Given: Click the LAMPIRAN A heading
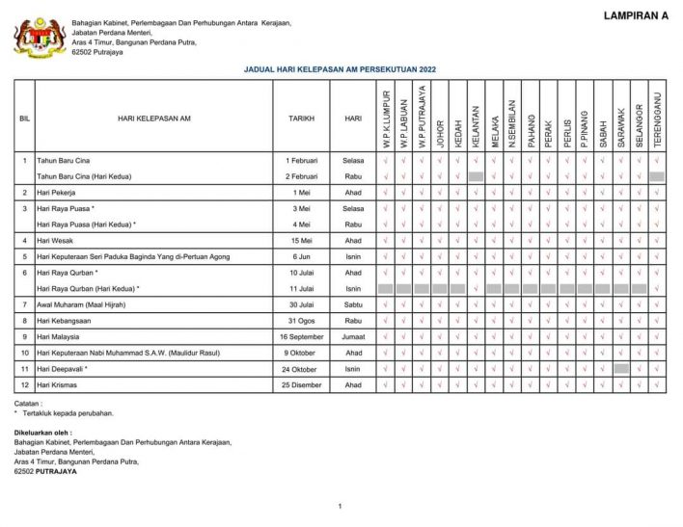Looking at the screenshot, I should [x=636, y=15].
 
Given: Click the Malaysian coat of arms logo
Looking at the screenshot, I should [x=40, y=38].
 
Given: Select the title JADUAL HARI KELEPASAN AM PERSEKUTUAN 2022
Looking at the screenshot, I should [x=341, y=70].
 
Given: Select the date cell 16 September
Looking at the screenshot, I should [x=301, y=337].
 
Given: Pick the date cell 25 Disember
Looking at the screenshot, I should [x=301, y=384].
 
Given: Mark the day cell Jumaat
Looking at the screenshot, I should [x=353, y=337].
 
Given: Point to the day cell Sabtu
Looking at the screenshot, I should [x=353, y=304].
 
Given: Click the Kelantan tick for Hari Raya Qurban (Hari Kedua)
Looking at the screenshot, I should [x=476, y=288].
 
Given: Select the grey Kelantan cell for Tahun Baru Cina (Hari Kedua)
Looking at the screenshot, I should [x=476, y=176].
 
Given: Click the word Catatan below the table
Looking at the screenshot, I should [x=27, y=403].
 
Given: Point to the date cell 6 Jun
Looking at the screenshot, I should [x=301, y=256].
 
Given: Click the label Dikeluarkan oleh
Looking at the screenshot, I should [x=42, y=433].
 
